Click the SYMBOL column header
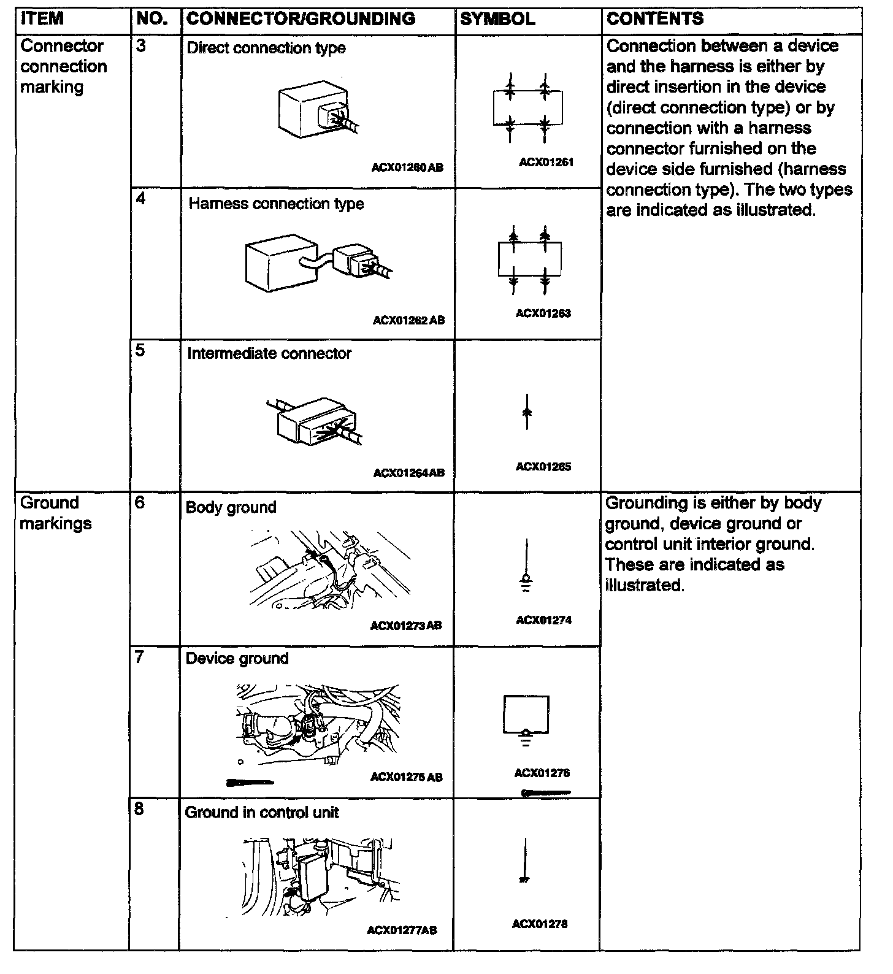[497, 19]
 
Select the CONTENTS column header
[655, 19]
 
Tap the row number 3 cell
[141, 47]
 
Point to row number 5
[140, 350]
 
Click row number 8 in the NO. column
[139, 809]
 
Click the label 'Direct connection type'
[266, 48]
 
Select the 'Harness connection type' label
[276, 204]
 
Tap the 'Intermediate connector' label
[269, 354]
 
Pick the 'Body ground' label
[231, 507]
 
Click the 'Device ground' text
[237, 659]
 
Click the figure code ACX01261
[546, 163]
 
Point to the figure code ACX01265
[543, 467]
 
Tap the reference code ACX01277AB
[402, 930]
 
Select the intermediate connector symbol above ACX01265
[526, 412]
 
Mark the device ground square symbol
[526, 715]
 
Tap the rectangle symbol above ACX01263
[529, 259]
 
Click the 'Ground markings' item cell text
[56, 513]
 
